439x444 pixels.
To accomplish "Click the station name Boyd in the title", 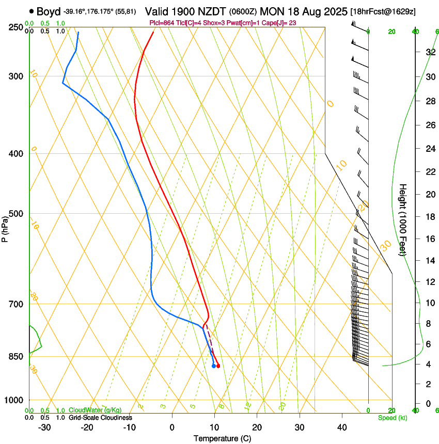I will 49,11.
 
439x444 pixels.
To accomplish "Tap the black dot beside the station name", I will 32,11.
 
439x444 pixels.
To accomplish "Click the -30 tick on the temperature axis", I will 44,427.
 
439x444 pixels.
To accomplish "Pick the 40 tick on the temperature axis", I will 342,427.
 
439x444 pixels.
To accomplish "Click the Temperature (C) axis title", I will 222,438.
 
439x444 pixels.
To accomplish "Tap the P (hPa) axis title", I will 5,227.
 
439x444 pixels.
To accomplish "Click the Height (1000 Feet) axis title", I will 403,219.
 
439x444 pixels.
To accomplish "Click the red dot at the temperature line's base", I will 218,366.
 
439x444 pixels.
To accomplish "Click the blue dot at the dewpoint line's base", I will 214,366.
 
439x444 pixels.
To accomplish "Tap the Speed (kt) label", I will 392,418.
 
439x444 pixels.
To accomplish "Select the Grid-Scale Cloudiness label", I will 101,418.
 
